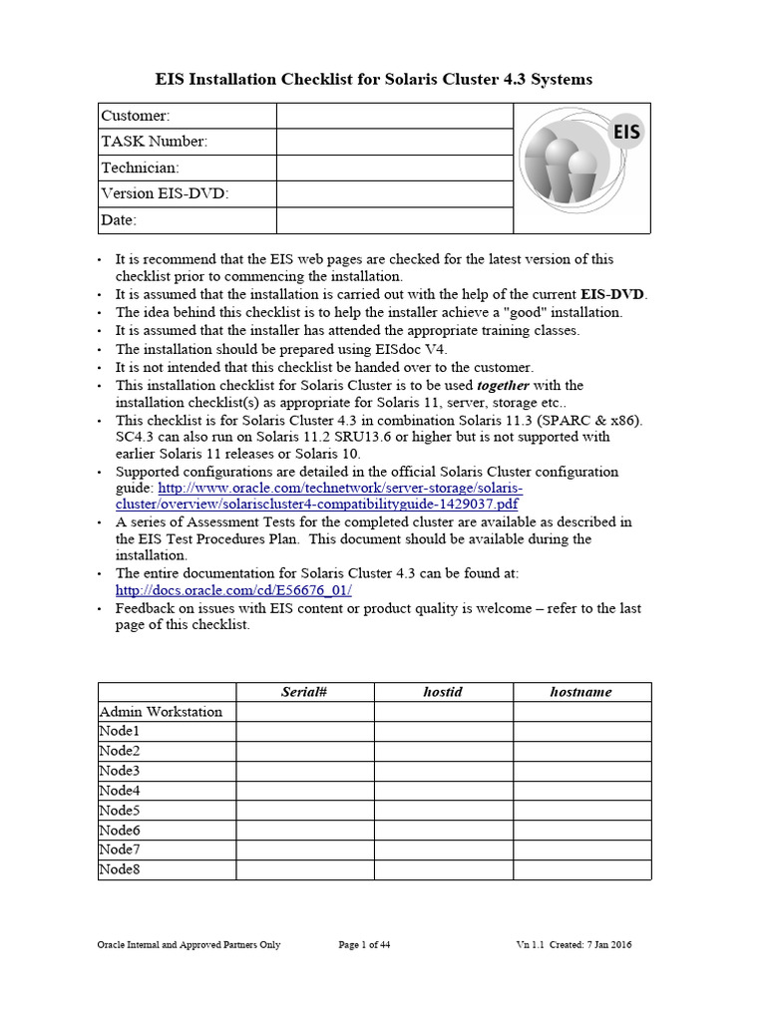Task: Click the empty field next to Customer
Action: pyautogui.click(x=394, y=116)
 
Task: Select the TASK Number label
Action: pyautogui.click(x=155, y=142)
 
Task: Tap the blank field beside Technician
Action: pyautogui.click(x=394, y=168)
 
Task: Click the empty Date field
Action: pyautogui.click(x=394, y=219)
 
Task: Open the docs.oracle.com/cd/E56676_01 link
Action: pyautogui.click(x=233, y=590)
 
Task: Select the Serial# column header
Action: pyautogui.click(x=305, y=692)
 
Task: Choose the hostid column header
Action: pyautogui.click(x=444, y=692)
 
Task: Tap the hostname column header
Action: pyautogui.click(x=581, y=692)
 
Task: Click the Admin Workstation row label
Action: pyautogui.click(x=161, y=711)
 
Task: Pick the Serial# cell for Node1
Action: pyautogui.click(x=305, y=731)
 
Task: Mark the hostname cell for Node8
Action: pyautogui.click(x=581, y=869)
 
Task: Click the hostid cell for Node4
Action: pyautogui.click(x=444, y=791)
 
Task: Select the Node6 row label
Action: pyautogui.click(x=120, y=830)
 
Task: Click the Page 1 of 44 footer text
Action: pyautogui.click(x=364, y=945)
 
